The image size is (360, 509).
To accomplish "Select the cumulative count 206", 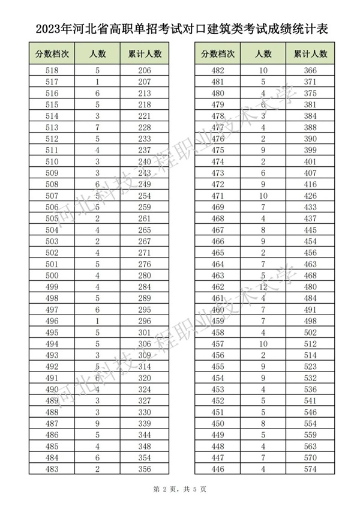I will point(145,70).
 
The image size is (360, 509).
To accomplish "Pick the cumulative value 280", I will point(145,276).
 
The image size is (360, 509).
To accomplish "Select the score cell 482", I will point(218,70).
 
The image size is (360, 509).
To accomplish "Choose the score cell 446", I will point(218,469).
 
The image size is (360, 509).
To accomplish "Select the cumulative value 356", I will point(145,469).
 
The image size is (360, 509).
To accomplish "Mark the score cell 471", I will point(218,196).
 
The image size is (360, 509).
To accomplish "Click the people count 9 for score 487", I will point(97,424).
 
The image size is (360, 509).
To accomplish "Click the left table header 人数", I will point(97,53).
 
